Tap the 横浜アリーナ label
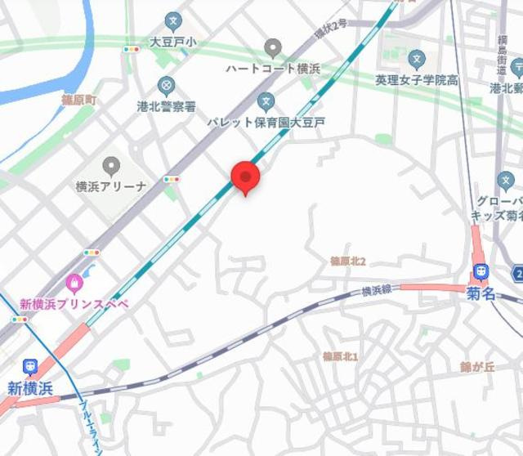tap(111, 186)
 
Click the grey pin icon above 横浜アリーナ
tap(111, 166)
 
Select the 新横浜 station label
tap(30, 388)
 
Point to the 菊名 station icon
tap(481, 273)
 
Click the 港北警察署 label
tap(167, 106)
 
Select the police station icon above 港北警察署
tap(167, 86)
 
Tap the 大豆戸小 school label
tap(172, 42)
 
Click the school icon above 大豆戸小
tap(172, 21)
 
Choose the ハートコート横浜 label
tap(272, 69)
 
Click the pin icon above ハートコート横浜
tap(273, 48)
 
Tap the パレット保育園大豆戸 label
tap(266, 123)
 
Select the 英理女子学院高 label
tap(417, 79)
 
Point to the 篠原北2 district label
tap(347, 262)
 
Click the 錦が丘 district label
tap(477, 367)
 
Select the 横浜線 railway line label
tap(377, 290)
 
